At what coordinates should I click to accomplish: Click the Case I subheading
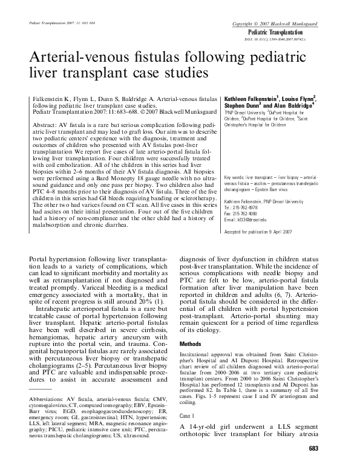(188, 417)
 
